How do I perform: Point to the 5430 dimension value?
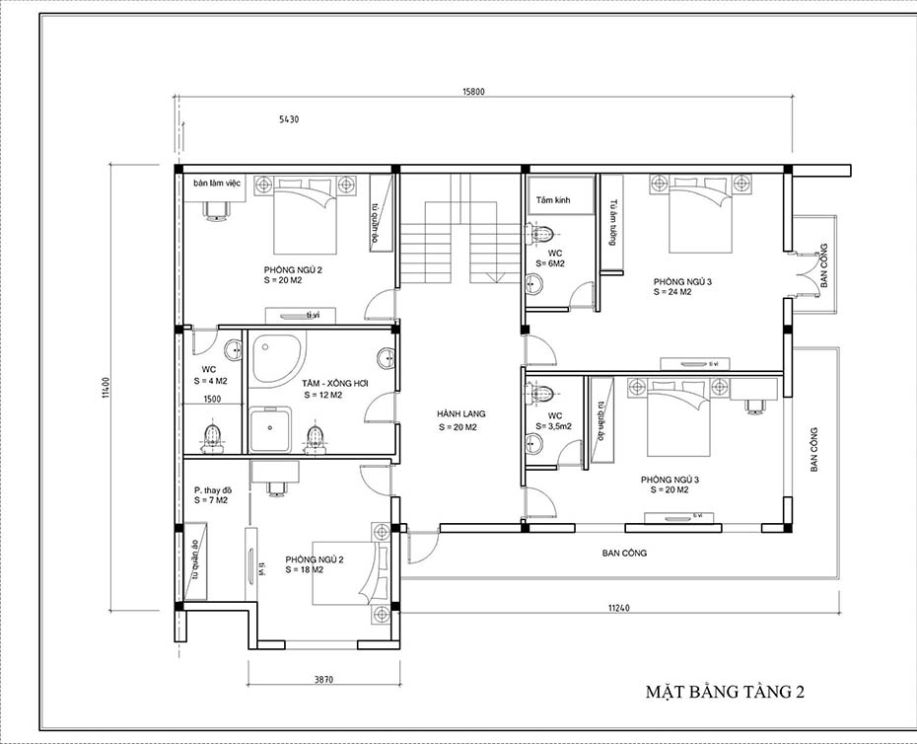tap(289, 119)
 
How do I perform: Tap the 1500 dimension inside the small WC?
tap(212, 400)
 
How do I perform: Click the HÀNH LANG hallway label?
tap(461, 414)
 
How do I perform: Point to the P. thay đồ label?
tap(212, 490)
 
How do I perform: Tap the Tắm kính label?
tap(553, 200)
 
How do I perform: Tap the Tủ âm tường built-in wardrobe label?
tap(612, 223)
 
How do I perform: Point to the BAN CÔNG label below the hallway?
tap(624, 554)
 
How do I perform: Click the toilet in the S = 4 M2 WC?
tap(211, 434)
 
